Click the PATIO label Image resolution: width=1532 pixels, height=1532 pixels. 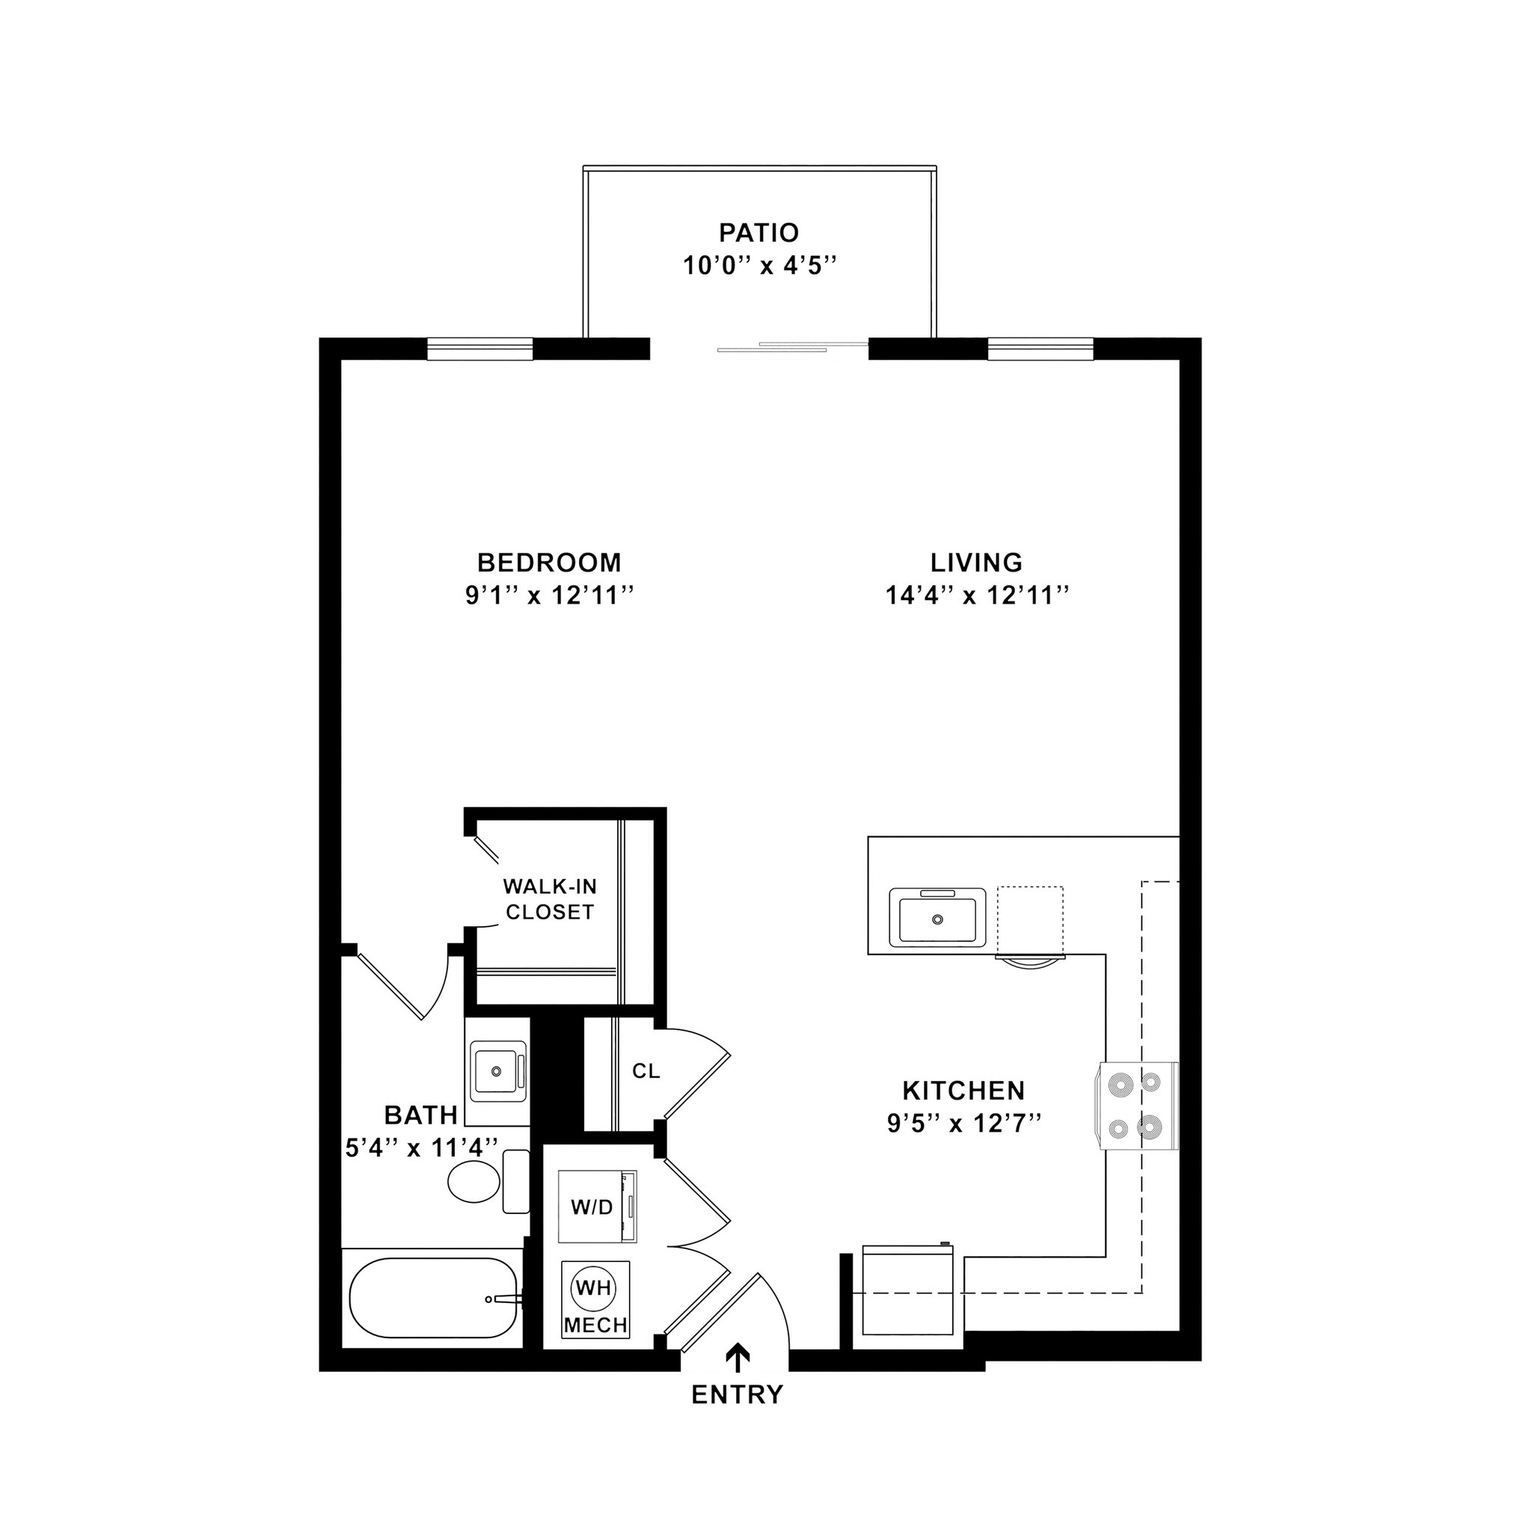pos(758,233)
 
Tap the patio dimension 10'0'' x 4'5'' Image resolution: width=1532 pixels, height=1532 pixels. pos(761,266)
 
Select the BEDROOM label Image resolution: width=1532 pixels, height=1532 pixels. pos(549,563)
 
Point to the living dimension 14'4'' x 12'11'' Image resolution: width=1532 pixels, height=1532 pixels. pos(977,595)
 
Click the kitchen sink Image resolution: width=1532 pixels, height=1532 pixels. pos(937,917)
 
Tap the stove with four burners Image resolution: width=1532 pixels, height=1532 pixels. pos(1136,1106)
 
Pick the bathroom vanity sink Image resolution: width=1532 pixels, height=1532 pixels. pos(497,1071)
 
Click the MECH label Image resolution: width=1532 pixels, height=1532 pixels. pos(595,1325)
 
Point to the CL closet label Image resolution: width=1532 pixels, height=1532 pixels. pos(646,1071)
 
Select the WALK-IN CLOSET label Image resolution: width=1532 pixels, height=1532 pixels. pos(550,899)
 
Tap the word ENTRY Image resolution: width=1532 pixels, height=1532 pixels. pos(738,1395)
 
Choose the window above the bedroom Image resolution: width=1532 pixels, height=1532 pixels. pos(479,349)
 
